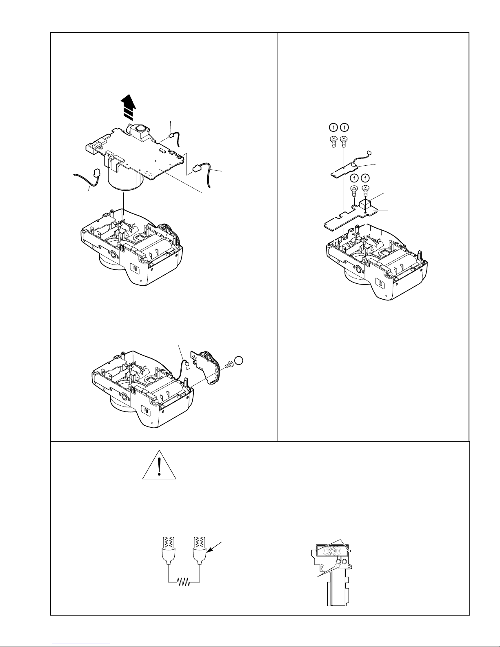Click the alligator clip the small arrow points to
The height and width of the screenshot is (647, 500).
coord(200,549)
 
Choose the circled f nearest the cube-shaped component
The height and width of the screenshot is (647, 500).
coord(365,178)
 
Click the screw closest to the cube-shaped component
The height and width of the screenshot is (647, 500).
coord(365,189)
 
